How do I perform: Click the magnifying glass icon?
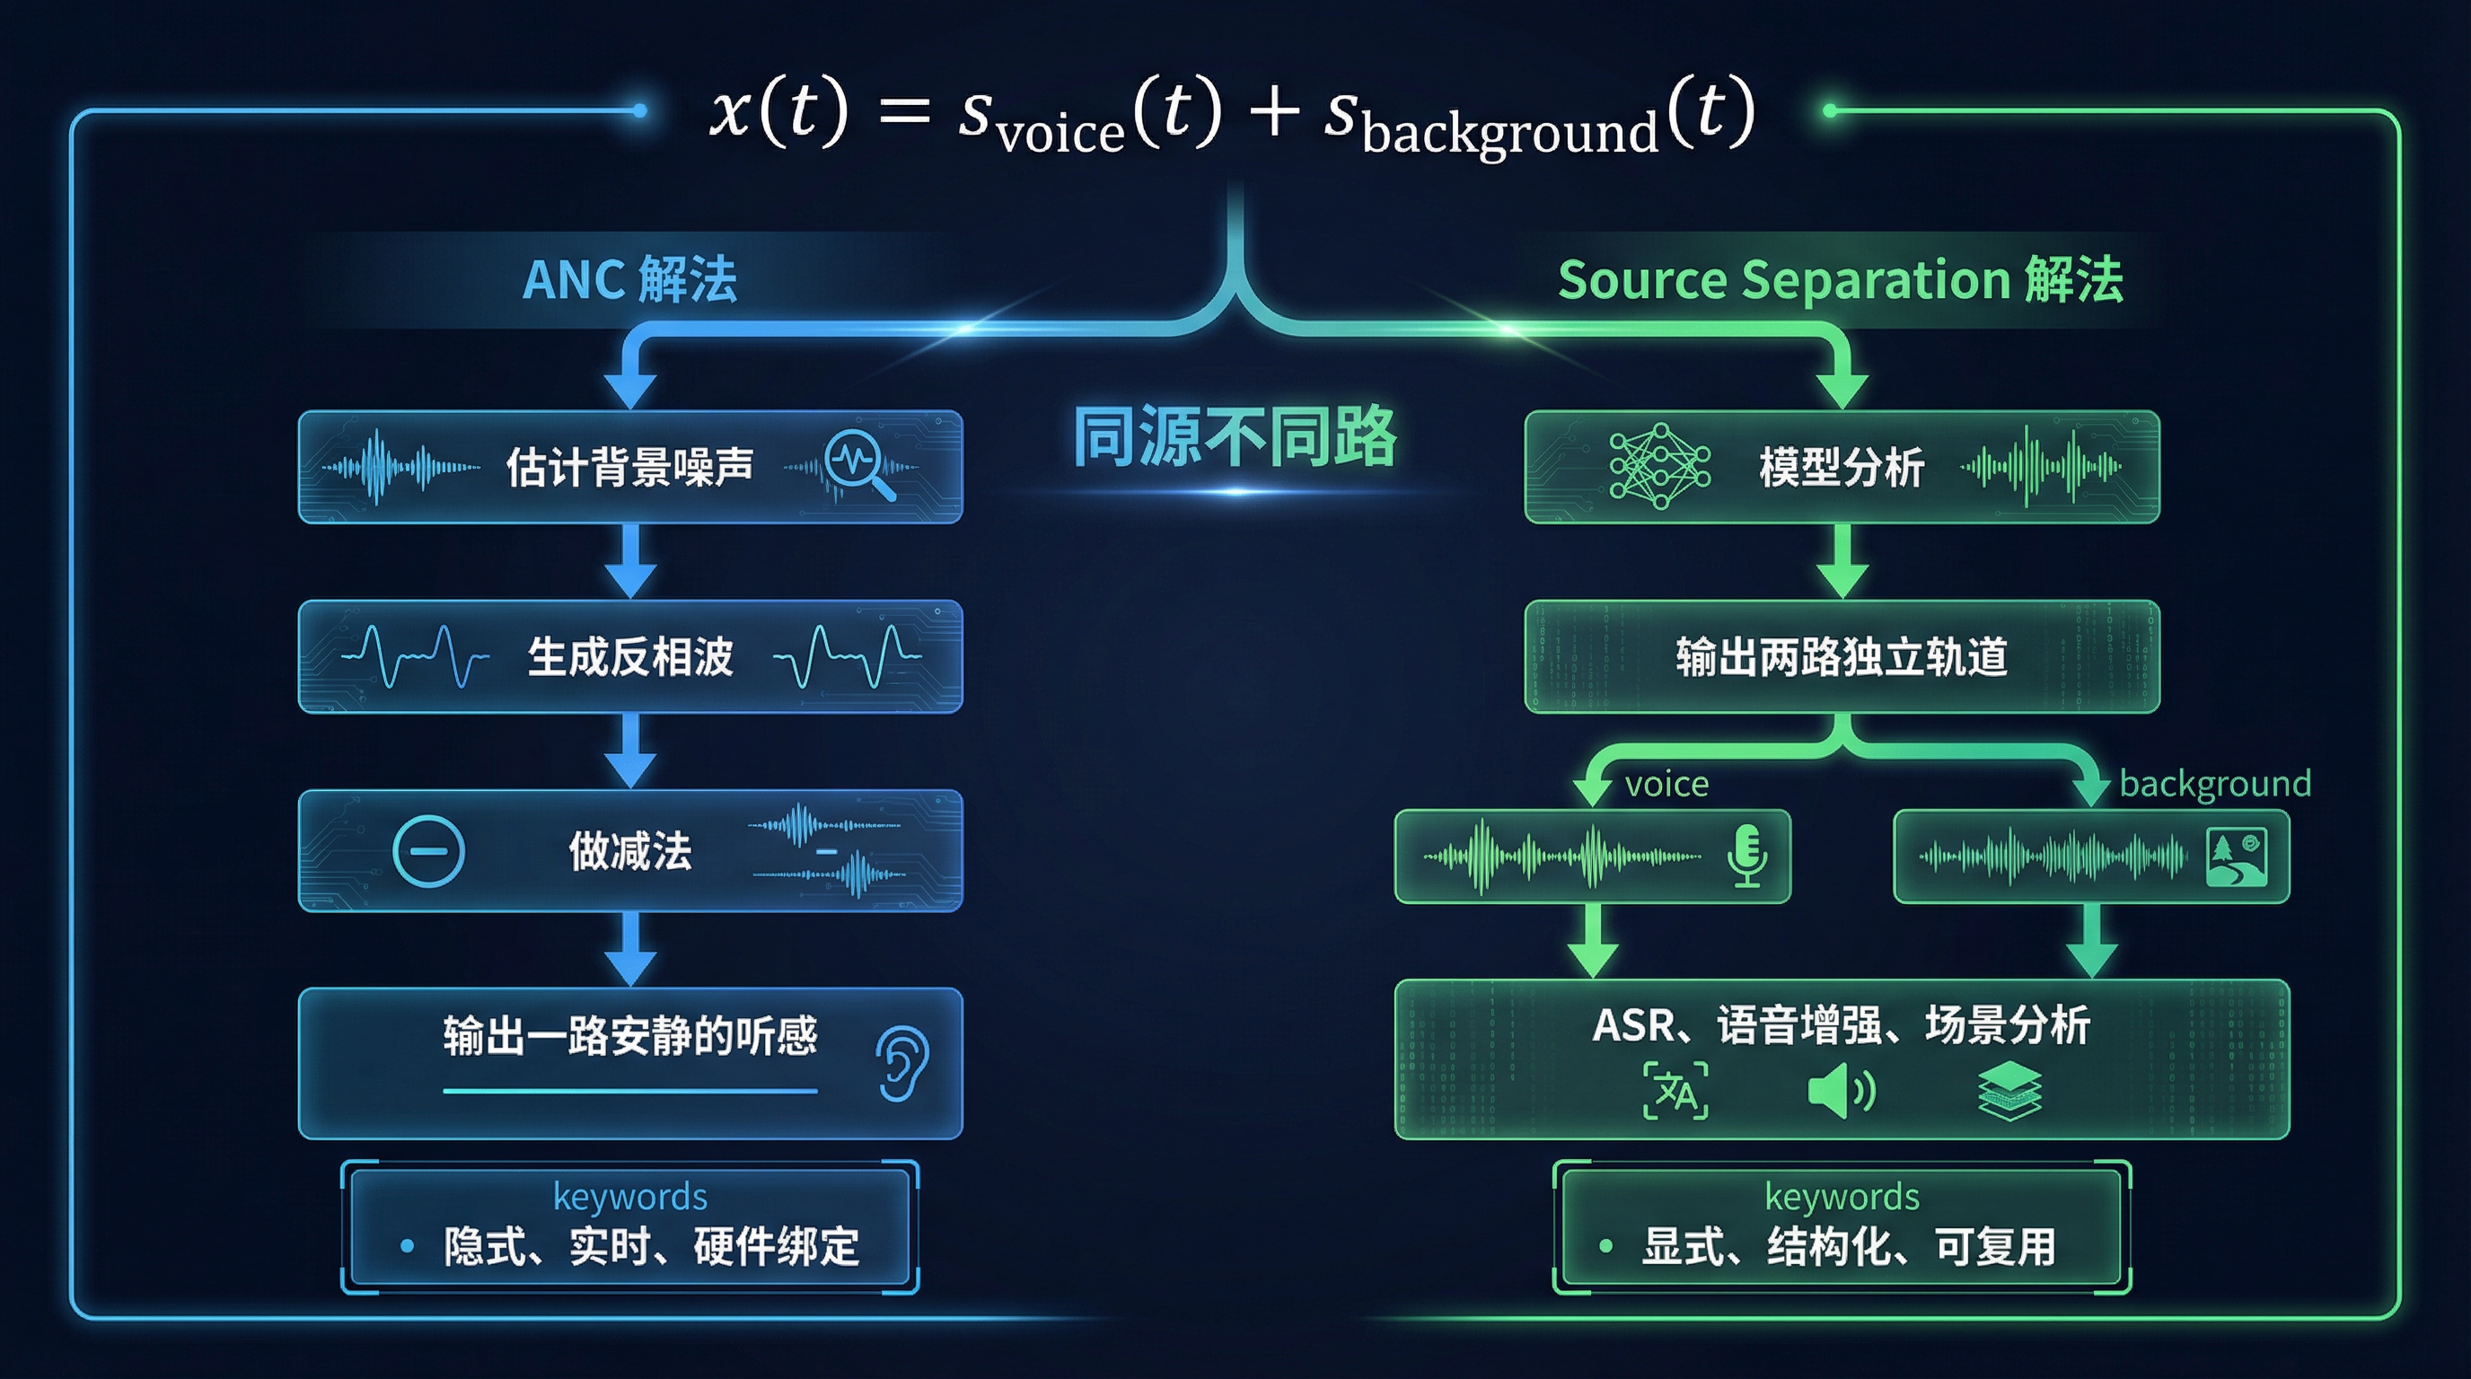tap(858, 464)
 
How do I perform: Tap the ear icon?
tap(901, 1064)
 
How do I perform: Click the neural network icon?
tap(1658, 466)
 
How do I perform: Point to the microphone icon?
tap(1746, 856)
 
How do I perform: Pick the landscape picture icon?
tap(2237, 856)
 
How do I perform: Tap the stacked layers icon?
tap(2009, 1092)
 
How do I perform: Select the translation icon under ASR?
tap(1675, 1092)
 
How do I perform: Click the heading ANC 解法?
tap(629, 280)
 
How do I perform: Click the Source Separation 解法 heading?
tap(1840, 280)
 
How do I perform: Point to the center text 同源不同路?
tap(1235, 436)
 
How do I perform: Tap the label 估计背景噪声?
tap(629, 467)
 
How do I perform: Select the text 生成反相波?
tap(630, 657)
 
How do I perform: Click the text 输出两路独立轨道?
tap(1841, 657)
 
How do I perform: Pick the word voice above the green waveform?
tap(1666, 785)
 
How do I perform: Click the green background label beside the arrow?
tap(2215, 784)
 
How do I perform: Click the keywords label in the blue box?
tap(630, 1197)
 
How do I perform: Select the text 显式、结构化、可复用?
tap(1849, 1247)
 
